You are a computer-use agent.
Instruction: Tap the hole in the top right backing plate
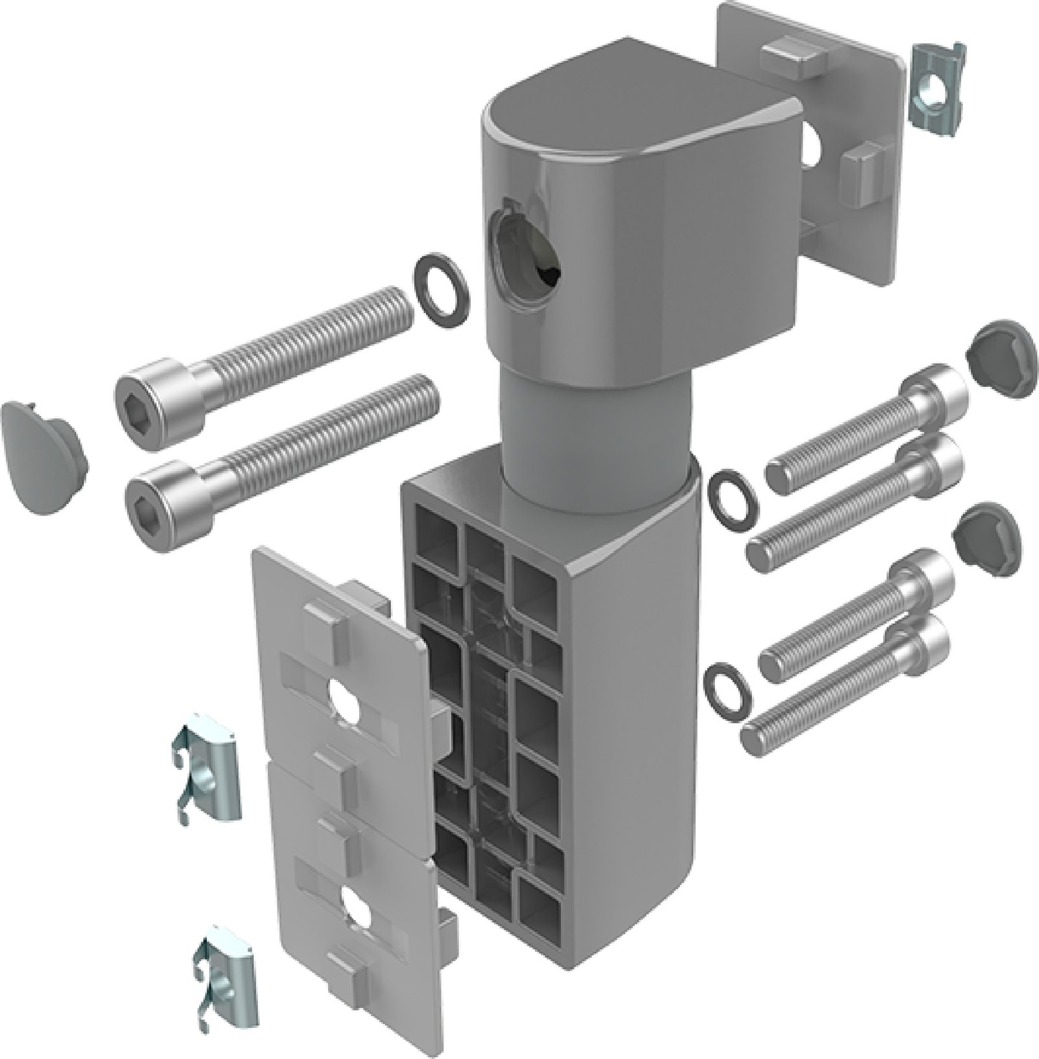(x=812, y=145)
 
